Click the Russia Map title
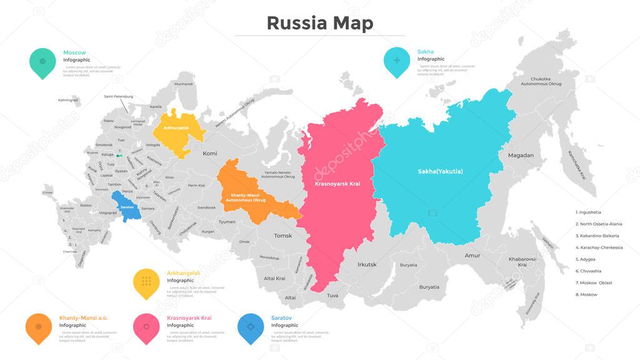click(319, 22)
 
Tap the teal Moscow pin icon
click(42, 62)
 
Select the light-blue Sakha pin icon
click(396, 61)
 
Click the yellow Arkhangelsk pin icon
click(146, 282)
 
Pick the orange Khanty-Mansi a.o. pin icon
click(38, 327)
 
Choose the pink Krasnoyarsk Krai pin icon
click(146, 327)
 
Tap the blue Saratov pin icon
click(251, 327)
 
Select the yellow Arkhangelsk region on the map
click(178, 130)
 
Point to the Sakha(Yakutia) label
click(440, 171)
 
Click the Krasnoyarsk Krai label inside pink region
click(337, 184)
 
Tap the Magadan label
click(521, 155)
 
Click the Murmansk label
click(184, 84)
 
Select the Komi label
click(210, 152)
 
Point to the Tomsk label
click(283, 236)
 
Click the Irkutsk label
click(367, 264)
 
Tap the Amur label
click(472, 256)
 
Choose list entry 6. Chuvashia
click(588, 271)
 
